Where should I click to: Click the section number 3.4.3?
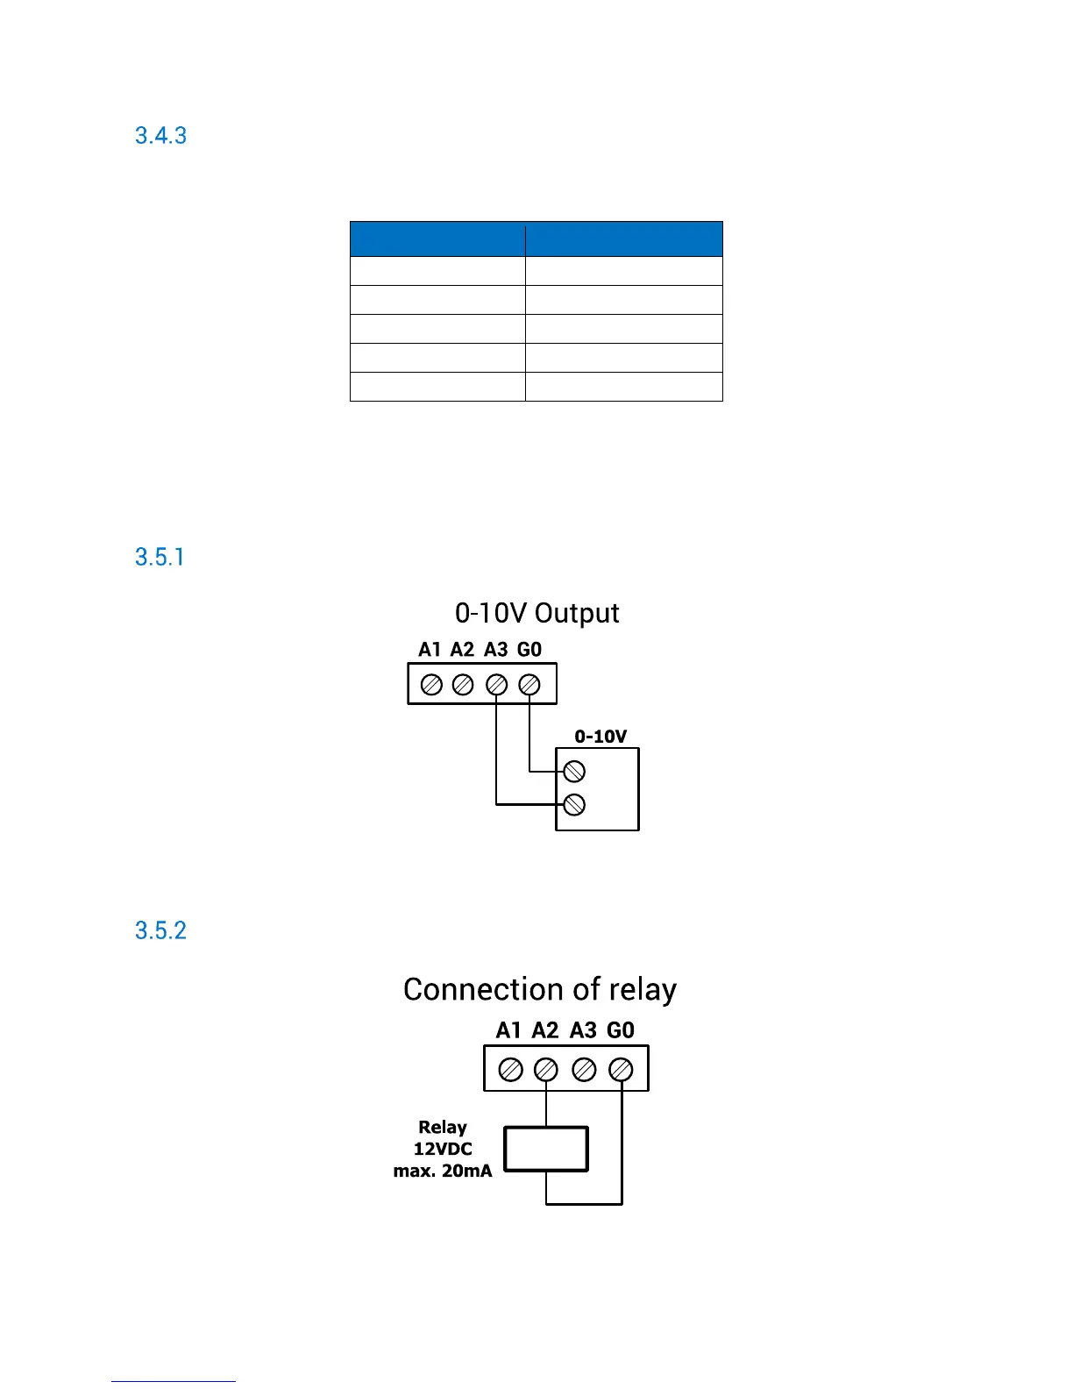point(160,136)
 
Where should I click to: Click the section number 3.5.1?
point(160,558)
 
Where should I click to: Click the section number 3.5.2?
point(160,930)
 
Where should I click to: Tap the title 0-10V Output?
point(536,613)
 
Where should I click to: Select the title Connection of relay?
point(539,989)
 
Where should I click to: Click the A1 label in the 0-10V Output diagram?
point(430,650)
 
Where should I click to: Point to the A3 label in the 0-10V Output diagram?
point(496,650)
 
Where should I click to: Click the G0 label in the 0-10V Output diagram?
point(529,650)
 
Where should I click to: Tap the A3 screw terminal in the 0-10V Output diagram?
point(496,685)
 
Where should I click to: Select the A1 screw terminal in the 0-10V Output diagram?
point(431,685)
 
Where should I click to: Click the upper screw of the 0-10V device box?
point(574,772)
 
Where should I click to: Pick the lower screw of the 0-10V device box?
point(574,804)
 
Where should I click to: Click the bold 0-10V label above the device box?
point(600,737)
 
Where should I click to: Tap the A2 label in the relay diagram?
point(545,1030)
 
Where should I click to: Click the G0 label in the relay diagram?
point(621,1030)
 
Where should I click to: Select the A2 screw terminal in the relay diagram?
point(546,1070)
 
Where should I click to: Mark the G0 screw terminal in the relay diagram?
point(621,1070)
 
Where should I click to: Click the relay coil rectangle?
point(546,1149)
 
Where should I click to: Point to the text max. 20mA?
point(443,1171)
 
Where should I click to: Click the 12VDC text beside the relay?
point(443,1149)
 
